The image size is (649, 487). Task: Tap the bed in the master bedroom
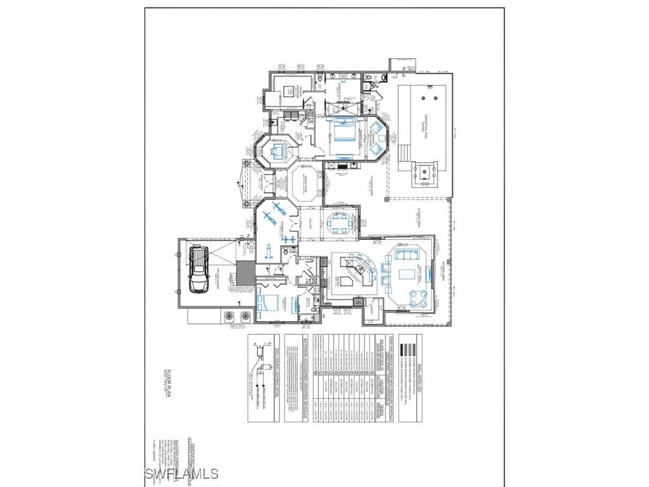(344, 131)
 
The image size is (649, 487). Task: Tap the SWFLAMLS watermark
(181, 473)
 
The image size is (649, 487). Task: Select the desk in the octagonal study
(277, 152)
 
